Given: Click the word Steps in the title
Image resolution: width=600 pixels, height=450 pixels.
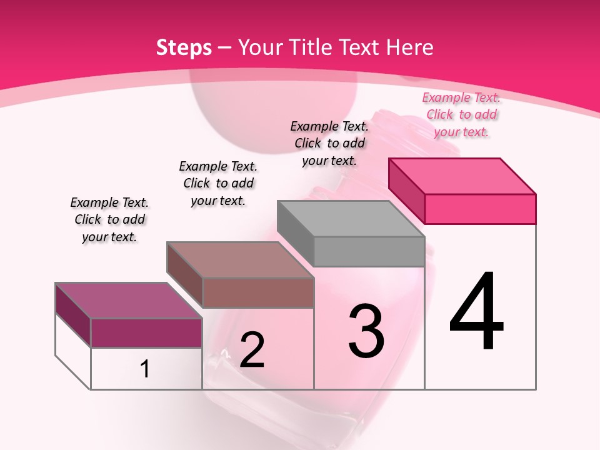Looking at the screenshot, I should coord(184,47).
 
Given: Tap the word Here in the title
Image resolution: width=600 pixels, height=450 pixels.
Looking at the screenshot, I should coord(410,47).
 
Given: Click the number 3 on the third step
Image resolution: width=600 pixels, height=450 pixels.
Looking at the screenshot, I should coord(366,331).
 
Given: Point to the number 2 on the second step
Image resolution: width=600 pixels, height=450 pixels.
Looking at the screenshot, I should coord(252,350).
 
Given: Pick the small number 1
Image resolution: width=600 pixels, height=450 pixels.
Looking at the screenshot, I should coord(145,369).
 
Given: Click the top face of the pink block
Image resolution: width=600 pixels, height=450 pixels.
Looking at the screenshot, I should coord(462,176).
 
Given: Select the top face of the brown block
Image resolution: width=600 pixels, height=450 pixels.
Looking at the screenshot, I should coord(240,259).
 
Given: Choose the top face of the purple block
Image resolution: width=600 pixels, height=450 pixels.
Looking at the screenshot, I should coord(129,301).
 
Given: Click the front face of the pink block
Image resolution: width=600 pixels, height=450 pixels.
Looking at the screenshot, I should coord(480,209).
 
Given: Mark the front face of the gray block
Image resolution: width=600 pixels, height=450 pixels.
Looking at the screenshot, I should coord(369,251).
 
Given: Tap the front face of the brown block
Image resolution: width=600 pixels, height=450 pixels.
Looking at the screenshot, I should coord(257,292).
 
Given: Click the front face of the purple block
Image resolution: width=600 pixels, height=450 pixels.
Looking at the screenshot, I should coord(146,332).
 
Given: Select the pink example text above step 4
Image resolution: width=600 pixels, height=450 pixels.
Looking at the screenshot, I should coord(461,114).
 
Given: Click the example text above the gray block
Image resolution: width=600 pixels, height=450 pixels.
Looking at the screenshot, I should coord(329,143).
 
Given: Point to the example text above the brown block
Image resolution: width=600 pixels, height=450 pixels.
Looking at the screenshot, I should coord(218,183).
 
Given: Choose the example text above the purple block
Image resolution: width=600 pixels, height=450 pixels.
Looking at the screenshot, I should coord(109,219).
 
